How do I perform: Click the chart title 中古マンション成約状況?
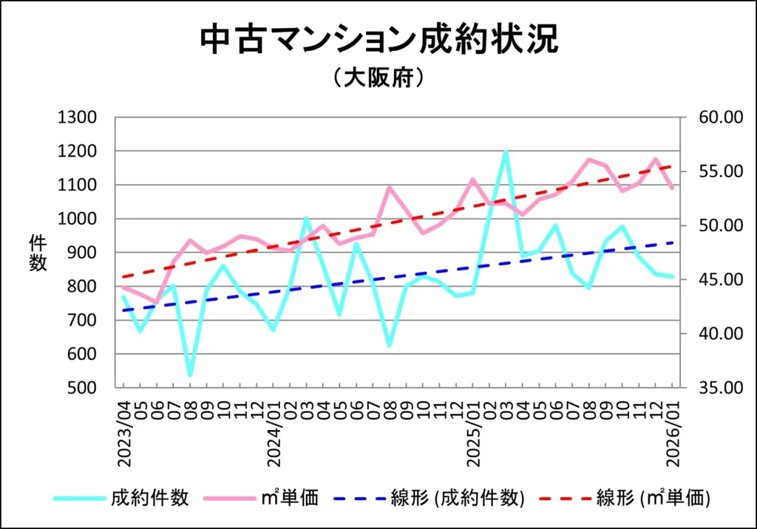point(378,41)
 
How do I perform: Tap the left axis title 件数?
point(38,253)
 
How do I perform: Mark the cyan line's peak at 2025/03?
point(506,151)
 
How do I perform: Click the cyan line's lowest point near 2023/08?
point(190,375)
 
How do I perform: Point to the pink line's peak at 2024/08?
point(390,187)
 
